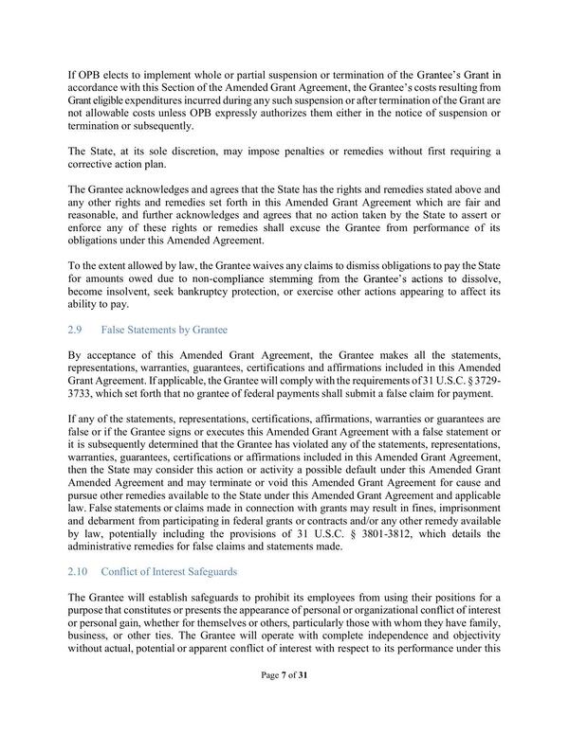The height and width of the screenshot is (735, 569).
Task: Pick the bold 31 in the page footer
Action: click(305, 701)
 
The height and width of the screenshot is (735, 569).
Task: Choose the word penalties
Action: click(309, 151)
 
